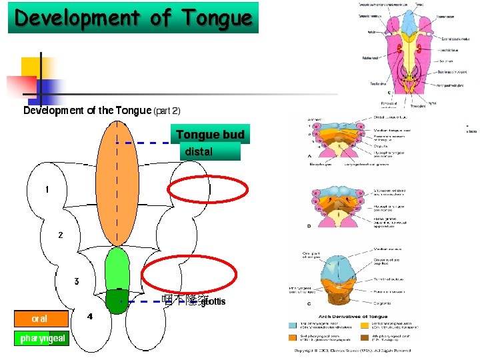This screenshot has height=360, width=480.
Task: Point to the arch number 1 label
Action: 47,189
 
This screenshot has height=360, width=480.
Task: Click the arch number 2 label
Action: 61,235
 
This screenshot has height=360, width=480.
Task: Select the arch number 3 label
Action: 77,281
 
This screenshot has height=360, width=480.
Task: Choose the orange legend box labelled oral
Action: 40,319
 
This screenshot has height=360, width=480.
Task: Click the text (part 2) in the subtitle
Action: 167,111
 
